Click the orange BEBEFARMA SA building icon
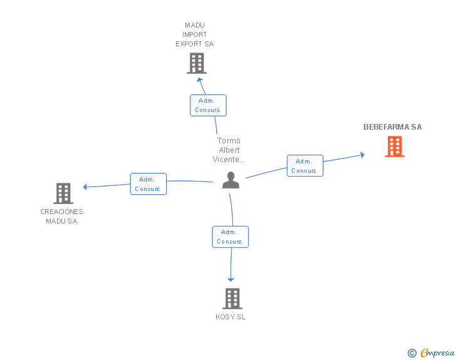[394, 147]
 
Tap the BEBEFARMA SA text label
[393, 127]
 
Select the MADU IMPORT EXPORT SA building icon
[197, 63]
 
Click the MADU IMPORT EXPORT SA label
[195, 35]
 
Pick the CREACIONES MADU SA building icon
[63, 193]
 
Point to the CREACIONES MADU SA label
[62, 216]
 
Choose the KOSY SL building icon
[232, 299]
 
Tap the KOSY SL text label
[231, 317]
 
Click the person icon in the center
[231, 180]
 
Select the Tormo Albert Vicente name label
[229, 150]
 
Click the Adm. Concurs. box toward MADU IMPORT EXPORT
[208, 105]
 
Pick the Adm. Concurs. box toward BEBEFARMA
[305, 166]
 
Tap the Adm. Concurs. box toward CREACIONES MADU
[148, 184]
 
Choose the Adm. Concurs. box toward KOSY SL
[231, 237]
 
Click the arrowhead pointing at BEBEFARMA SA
[361, 155]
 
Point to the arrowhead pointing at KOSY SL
[231, 279]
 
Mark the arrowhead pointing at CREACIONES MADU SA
[85, 187]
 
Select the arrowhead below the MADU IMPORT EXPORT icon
[200, 80]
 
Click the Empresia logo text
[437, 352]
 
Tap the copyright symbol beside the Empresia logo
[412, 353]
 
